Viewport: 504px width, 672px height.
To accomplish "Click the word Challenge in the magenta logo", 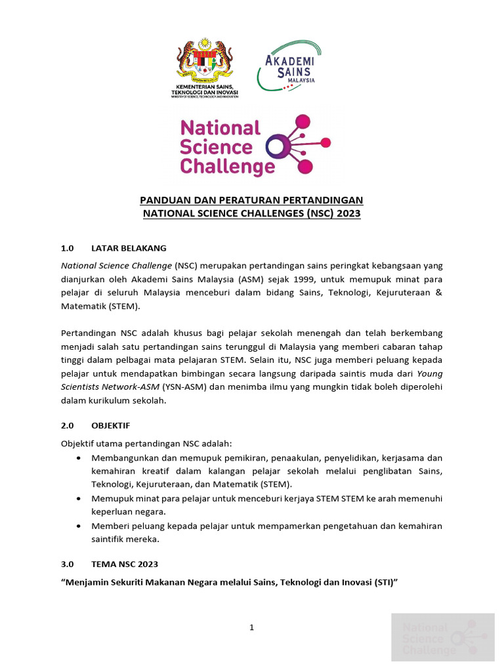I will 227,167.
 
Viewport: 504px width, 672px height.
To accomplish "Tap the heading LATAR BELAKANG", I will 129,249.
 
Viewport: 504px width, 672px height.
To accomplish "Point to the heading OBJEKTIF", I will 111,425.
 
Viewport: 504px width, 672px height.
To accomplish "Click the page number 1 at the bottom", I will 251,628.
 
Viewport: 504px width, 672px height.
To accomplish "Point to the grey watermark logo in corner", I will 442,637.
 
